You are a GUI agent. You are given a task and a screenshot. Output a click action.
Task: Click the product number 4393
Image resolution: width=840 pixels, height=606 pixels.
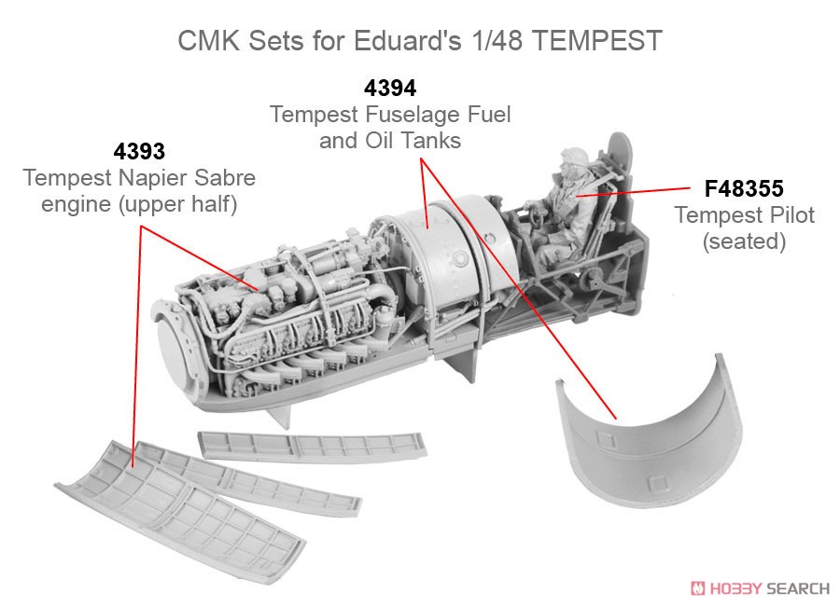point(139,150)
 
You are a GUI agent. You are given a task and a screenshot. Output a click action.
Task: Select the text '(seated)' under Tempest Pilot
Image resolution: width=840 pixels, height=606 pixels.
point(744,241)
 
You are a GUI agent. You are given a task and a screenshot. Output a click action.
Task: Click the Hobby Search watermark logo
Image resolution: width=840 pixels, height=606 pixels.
point(758,587)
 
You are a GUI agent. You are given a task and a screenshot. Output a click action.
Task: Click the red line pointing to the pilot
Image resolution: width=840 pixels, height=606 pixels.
point(630,192)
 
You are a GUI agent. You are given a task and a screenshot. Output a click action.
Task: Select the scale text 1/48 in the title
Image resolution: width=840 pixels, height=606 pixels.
point(524,41)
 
